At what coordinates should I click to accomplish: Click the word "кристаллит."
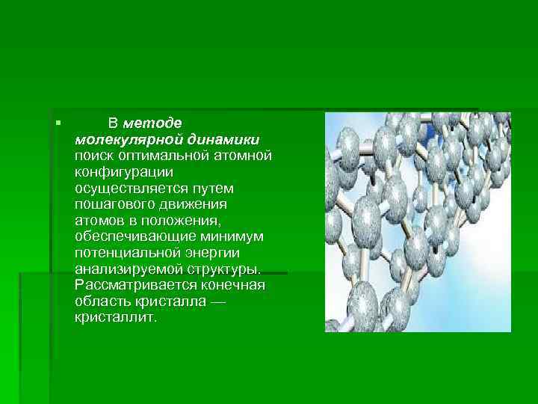[117, 318]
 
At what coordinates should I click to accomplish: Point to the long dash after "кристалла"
[219, 302]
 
